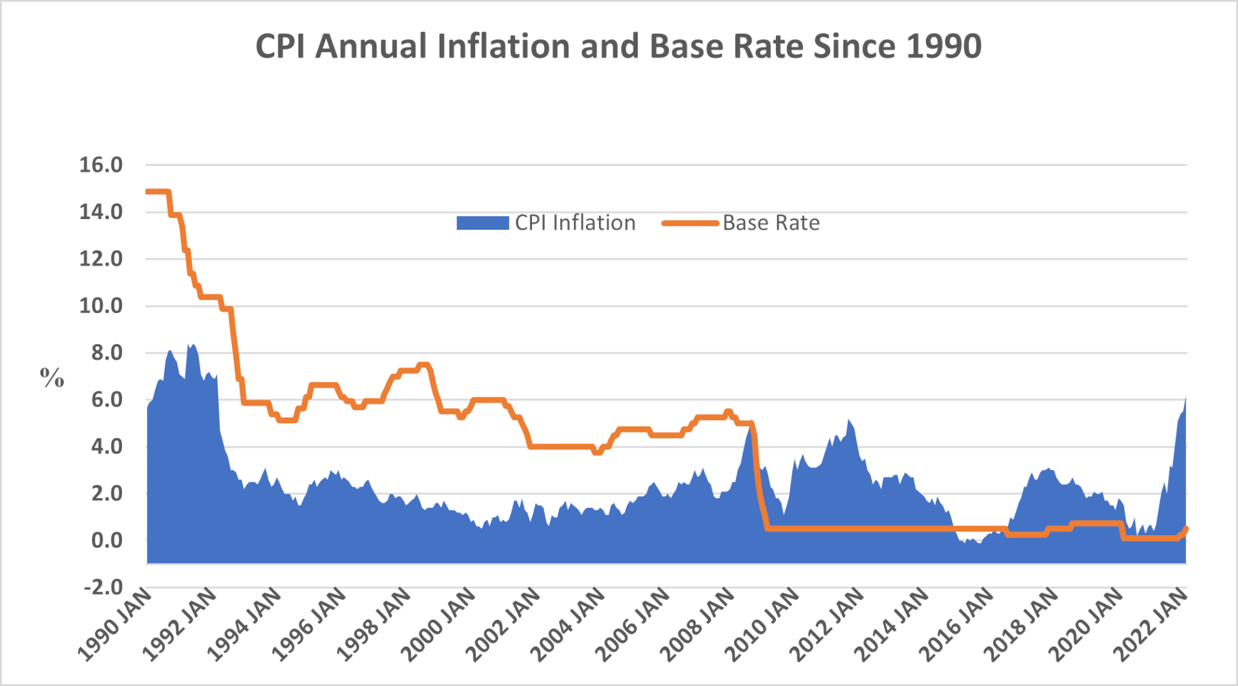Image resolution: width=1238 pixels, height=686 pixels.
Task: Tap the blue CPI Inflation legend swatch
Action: point(482,223)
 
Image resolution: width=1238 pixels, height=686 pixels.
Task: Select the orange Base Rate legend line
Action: point(690,223)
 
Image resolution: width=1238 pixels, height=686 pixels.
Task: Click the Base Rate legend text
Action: point(771,223)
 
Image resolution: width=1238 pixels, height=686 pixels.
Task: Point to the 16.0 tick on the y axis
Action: point(101,165)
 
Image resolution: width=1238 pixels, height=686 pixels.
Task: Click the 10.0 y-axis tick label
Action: point(101,306)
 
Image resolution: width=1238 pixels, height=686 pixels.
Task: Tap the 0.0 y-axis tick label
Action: point(106,540)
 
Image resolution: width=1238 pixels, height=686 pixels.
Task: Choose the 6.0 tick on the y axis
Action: point(106,399)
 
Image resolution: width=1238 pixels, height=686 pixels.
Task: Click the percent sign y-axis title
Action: point(52,377)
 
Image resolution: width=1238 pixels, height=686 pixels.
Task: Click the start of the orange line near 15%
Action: point(148,192)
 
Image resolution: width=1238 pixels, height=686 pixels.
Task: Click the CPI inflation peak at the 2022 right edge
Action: point(1185,398)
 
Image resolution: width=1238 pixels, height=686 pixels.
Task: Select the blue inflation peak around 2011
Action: point(848,421)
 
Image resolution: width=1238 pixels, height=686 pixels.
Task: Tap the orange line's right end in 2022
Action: point(1185,530)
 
